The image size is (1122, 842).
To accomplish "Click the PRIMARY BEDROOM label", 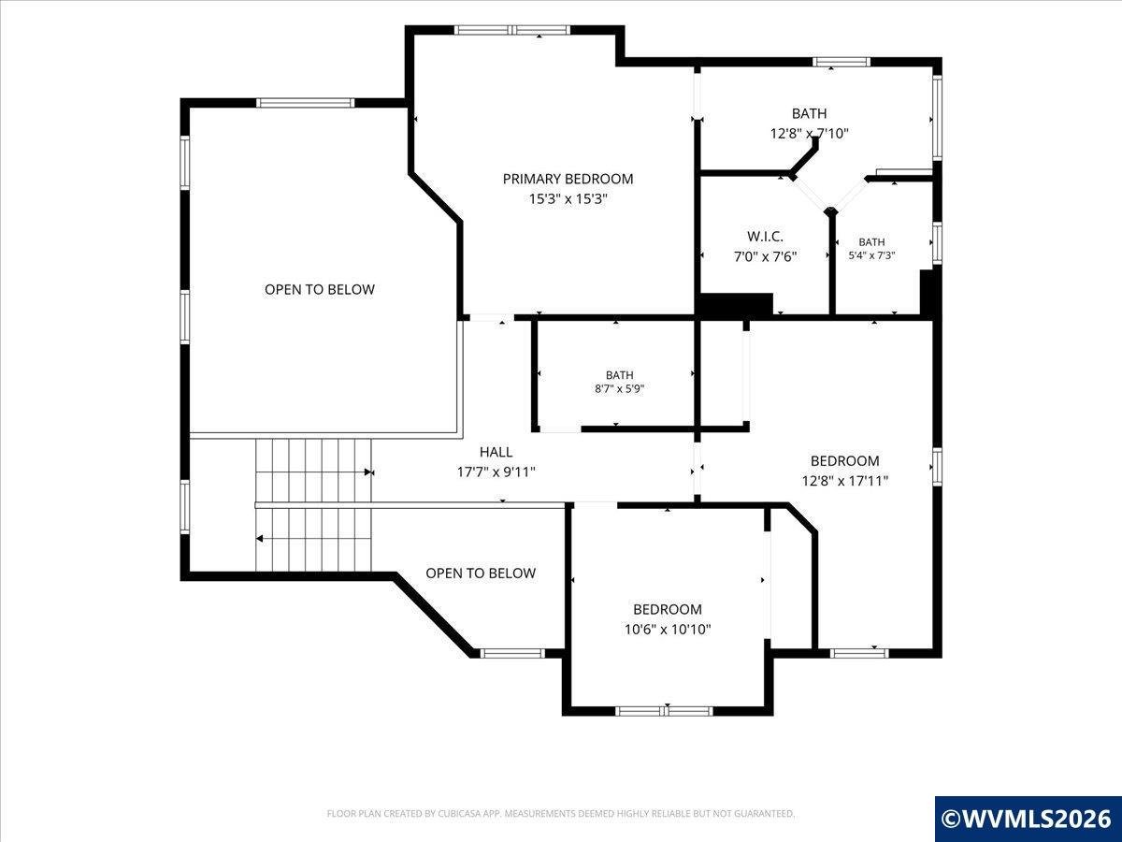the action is tap(568, 179).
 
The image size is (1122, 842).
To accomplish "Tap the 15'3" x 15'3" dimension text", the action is tap(568, 199).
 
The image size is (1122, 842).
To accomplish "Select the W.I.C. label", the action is tap(765, 236).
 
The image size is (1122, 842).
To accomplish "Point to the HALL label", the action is tap(496, 452).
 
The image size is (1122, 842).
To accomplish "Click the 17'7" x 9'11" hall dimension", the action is tap(496, 472).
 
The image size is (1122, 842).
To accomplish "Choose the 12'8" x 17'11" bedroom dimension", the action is tap(845, 481).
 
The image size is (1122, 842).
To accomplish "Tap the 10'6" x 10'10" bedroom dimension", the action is tap(668, 630).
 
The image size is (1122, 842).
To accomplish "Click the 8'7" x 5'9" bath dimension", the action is tap(619, 389).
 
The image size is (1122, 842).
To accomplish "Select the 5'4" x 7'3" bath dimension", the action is tap(871, 255).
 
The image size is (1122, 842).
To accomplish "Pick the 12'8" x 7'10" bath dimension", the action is tap(809, 134).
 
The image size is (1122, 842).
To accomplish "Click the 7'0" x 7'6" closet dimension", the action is tap(765, 256).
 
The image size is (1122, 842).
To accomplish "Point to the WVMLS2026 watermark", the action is tap(1028, 819).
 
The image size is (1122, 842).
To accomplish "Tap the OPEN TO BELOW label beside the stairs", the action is tap(481, 573).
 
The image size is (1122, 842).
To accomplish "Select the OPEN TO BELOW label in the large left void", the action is tap(320, 289).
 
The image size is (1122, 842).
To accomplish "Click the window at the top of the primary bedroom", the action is tap(512, 30).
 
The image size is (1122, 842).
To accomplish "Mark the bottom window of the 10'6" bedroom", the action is tap(664, 711).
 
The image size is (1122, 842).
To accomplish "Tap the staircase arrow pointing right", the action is tap(368, 472).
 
